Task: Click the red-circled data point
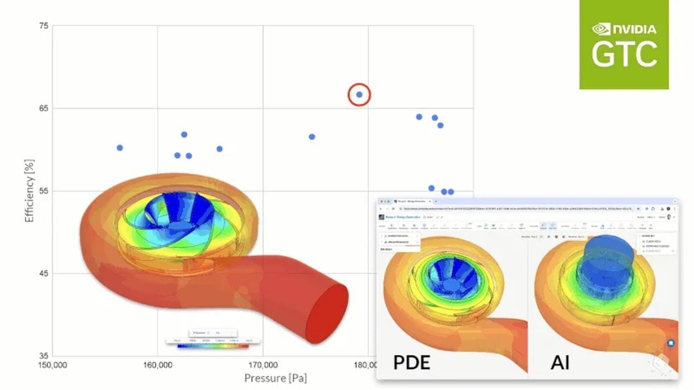click(x=359, y=95)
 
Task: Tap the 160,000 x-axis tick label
click(x=157, y=365)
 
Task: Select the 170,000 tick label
click(x=263, y=365)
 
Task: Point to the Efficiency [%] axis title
click(x=29, y=191)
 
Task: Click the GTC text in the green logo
click(x=624, y=55)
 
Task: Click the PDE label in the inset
click(x=412, y=363)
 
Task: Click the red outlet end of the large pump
click(x=327, y=313)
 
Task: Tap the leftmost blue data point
click(x=119, y=148)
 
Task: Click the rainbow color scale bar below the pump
click(x=213, y=346)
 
